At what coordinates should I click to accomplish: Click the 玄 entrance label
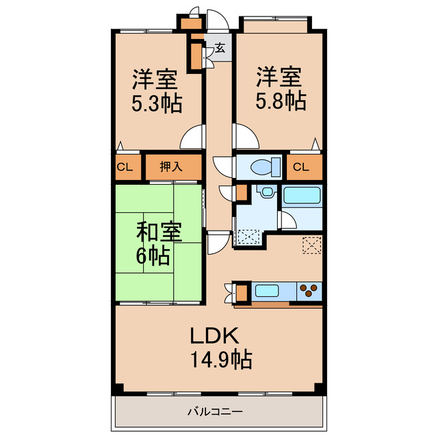tap(220, 49)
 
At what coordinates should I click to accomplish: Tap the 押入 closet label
tap(171, 167)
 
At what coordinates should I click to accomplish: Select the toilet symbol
tap(266, 167)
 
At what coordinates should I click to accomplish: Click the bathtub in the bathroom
tap(302, 195)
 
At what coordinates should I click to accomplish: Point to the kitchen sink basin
tap(267, 291)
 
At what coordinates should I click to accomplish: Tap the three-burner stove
tap(309, 291)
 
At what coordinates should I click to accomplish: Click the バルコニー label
tap(215, 411)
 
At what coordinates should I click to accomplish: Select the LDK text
tap(214, 335)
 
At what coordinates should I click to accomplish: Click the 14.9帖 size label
tap(221, 359)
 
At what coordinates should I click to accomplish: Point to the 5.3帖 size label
tap(157, 103)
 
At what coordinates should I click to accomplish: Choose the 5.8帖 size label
tap(281, 101)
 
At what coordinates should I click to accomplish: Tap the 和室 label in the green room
tap(159, 232)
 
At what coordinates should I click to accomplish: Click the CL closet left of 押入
tap(125, 167)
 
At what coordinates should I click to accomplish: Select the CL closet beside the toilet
tap(301, 167)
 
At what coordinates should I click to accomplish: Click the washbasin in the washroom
tap(268, 192)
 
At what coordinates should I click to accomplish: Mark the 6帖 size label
tap(153, 255)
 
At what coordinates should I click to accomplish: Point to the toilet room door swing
tap(222, 167)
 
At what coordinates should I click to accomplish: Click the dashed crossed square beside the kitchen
tap(312, 245)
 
